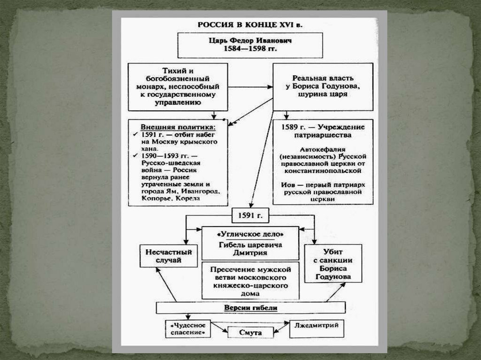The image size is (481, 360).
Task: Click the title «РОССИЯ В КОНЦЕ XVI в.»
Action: tap(249, 25)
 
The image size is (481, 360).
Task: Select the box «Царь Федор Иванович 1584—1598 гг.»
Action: tap(249, 45)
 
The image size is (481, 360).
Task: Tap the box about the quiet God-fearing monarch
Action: tap(178, 87)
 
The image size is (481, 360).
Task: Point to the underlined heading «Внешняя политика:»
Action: tap(178, 127)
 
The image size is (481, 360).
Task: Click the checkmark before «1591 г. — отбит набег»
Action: tap(135, 134)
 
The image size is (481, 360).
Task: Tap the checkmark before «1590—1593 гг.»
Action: tap(135, 155)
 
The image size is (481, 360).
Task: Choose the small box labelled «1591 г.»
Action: tap(249, 215)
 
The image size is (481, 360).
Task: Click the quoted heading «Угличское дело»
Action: tap(249, 233)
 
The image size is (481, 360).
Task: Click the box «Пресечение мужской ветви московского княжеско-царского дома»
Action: tap(249, 281)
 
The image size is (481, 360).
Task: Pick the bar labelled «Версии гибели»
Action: tap(250, 308)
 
